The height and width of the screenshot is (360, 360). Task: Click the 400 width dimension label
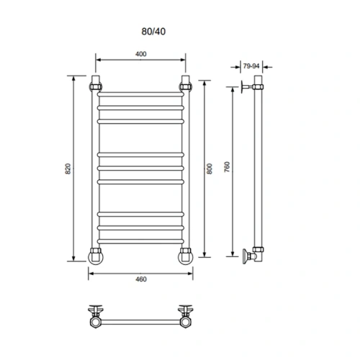(140, 54)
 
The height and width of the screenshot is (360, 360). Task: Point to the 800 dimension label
(210, 168)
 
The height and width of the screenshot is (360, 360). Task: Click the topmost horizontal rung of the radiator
(140, 94)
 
